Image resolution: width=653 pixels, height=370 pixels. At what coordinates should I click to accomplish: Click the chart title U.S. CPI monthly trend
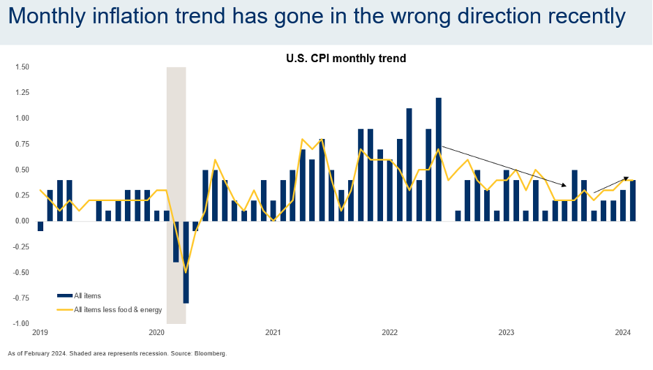(x=346, y=59)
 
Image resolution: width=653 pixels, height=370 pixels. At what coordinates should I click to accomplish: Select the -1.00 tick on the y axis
(x=20, y=324)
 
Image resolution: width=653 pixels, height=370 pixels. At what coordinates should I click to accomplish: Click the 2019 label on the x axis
(x=40, y=332)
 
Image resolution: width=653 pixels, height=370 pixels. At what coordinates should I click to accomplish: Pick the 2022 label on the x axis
(x=389, y=332)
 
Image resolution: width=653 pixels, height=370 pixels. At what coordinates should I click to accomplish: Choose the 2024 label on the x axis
(x=623, y=332)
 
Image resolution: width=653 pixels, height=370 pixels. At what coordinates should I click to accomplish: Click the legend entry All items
(x=87, y=296)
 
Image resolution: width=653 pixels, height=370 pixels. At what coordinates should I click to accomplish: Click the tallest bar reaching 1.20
(x=439, y=159)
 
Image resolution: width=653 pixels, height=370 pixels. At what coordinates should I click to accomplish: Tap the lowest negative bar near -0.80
(x=186, y=262)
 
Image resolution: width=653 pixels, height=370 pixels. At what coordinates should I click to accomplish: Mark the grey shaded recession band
(x=176, y=140)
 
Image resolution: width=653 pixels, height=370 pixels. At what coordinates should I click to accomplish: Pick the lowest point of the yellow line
(x=186, y=272)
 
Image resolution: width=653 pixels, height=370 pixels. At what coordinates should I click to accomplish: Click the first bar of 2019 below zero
(x=40, y=226)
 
